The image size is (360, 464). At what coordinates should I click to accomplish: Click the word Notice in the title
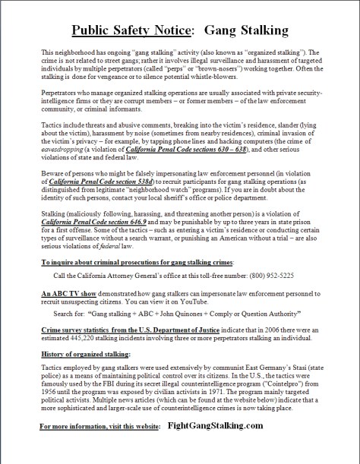coord(172,30)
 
